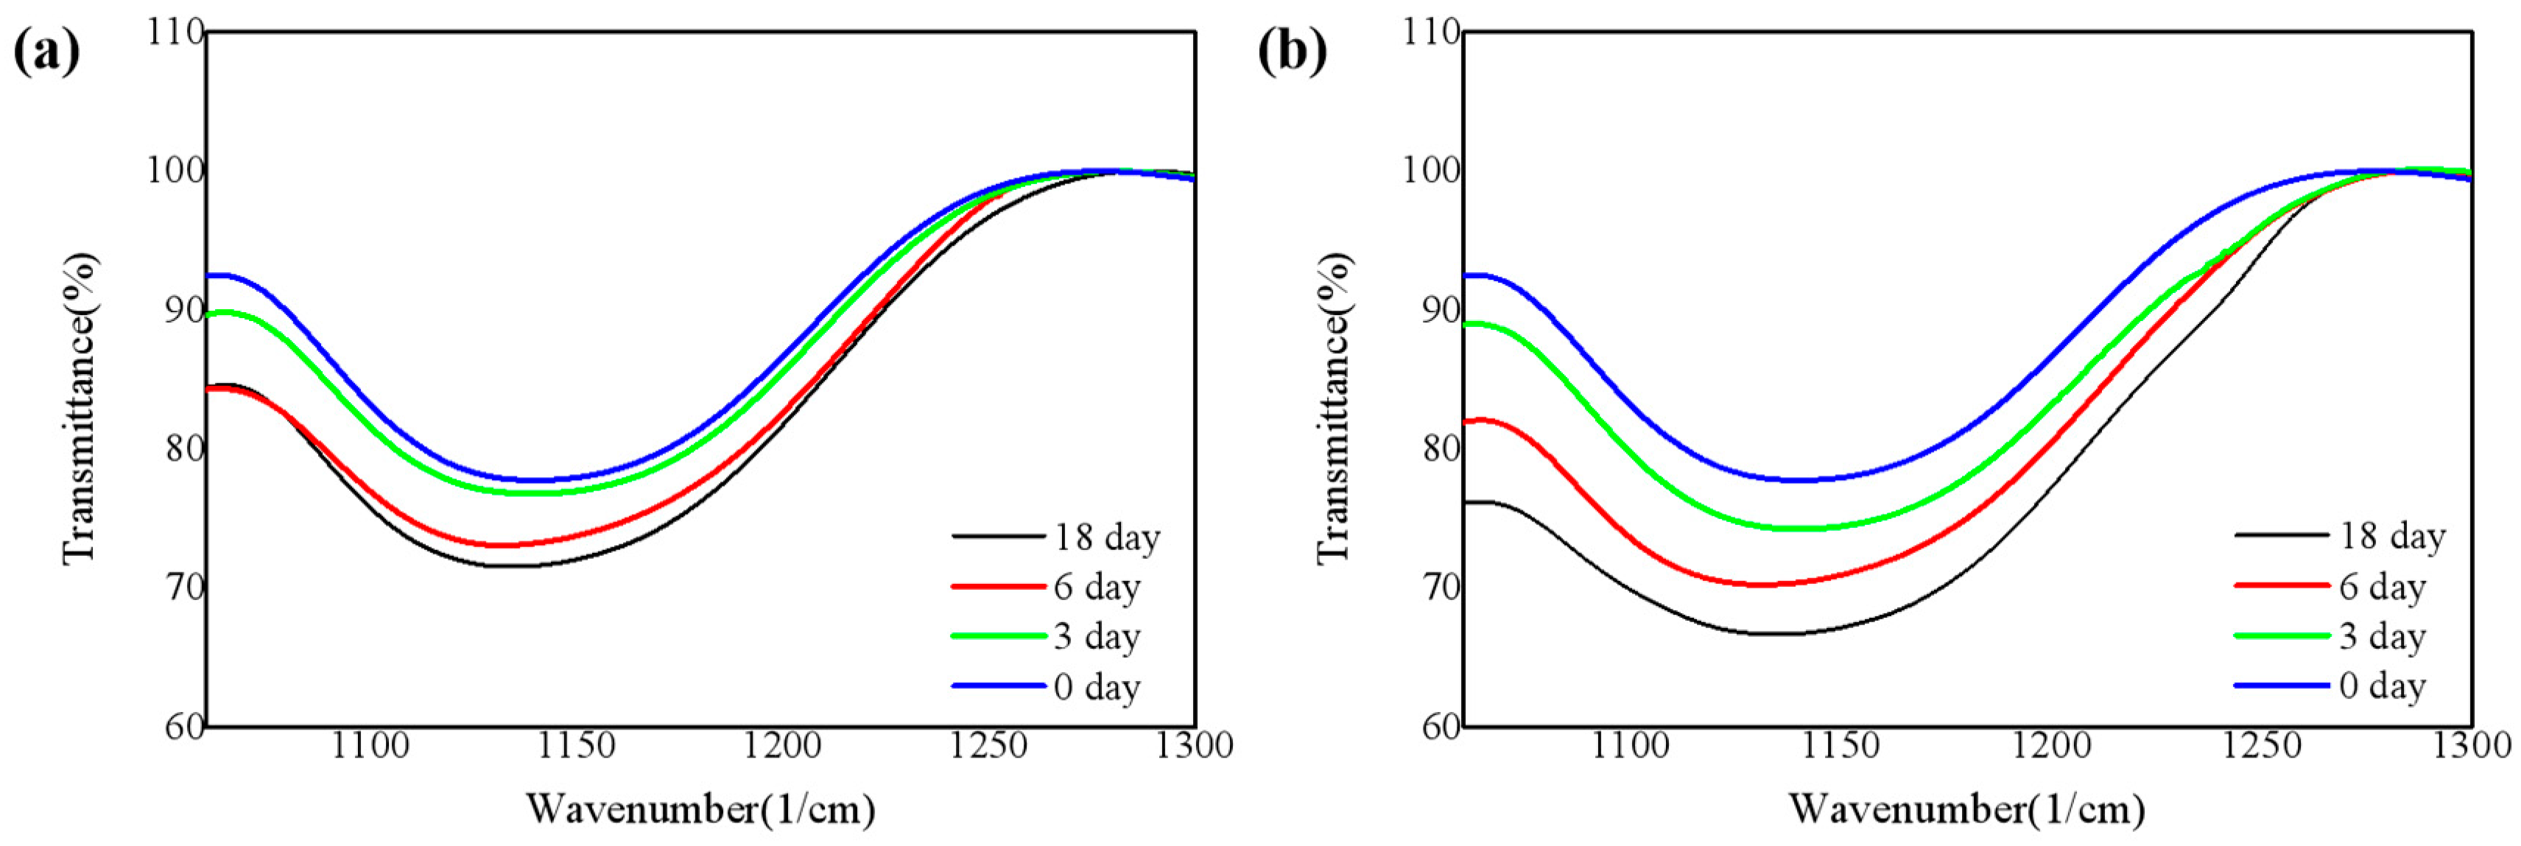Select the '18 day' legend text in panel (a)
point(1107,537)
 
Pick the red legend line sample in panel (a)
point(997,587)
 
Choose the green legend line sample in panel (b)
point(2281,637)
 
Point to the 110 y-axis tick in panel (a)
point(176,32)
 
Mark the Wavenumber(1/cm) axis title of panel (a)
point(700,810)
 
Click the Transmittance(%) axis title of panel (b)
point(1333,407)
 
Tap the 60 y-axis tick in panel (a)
point(183,727)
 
